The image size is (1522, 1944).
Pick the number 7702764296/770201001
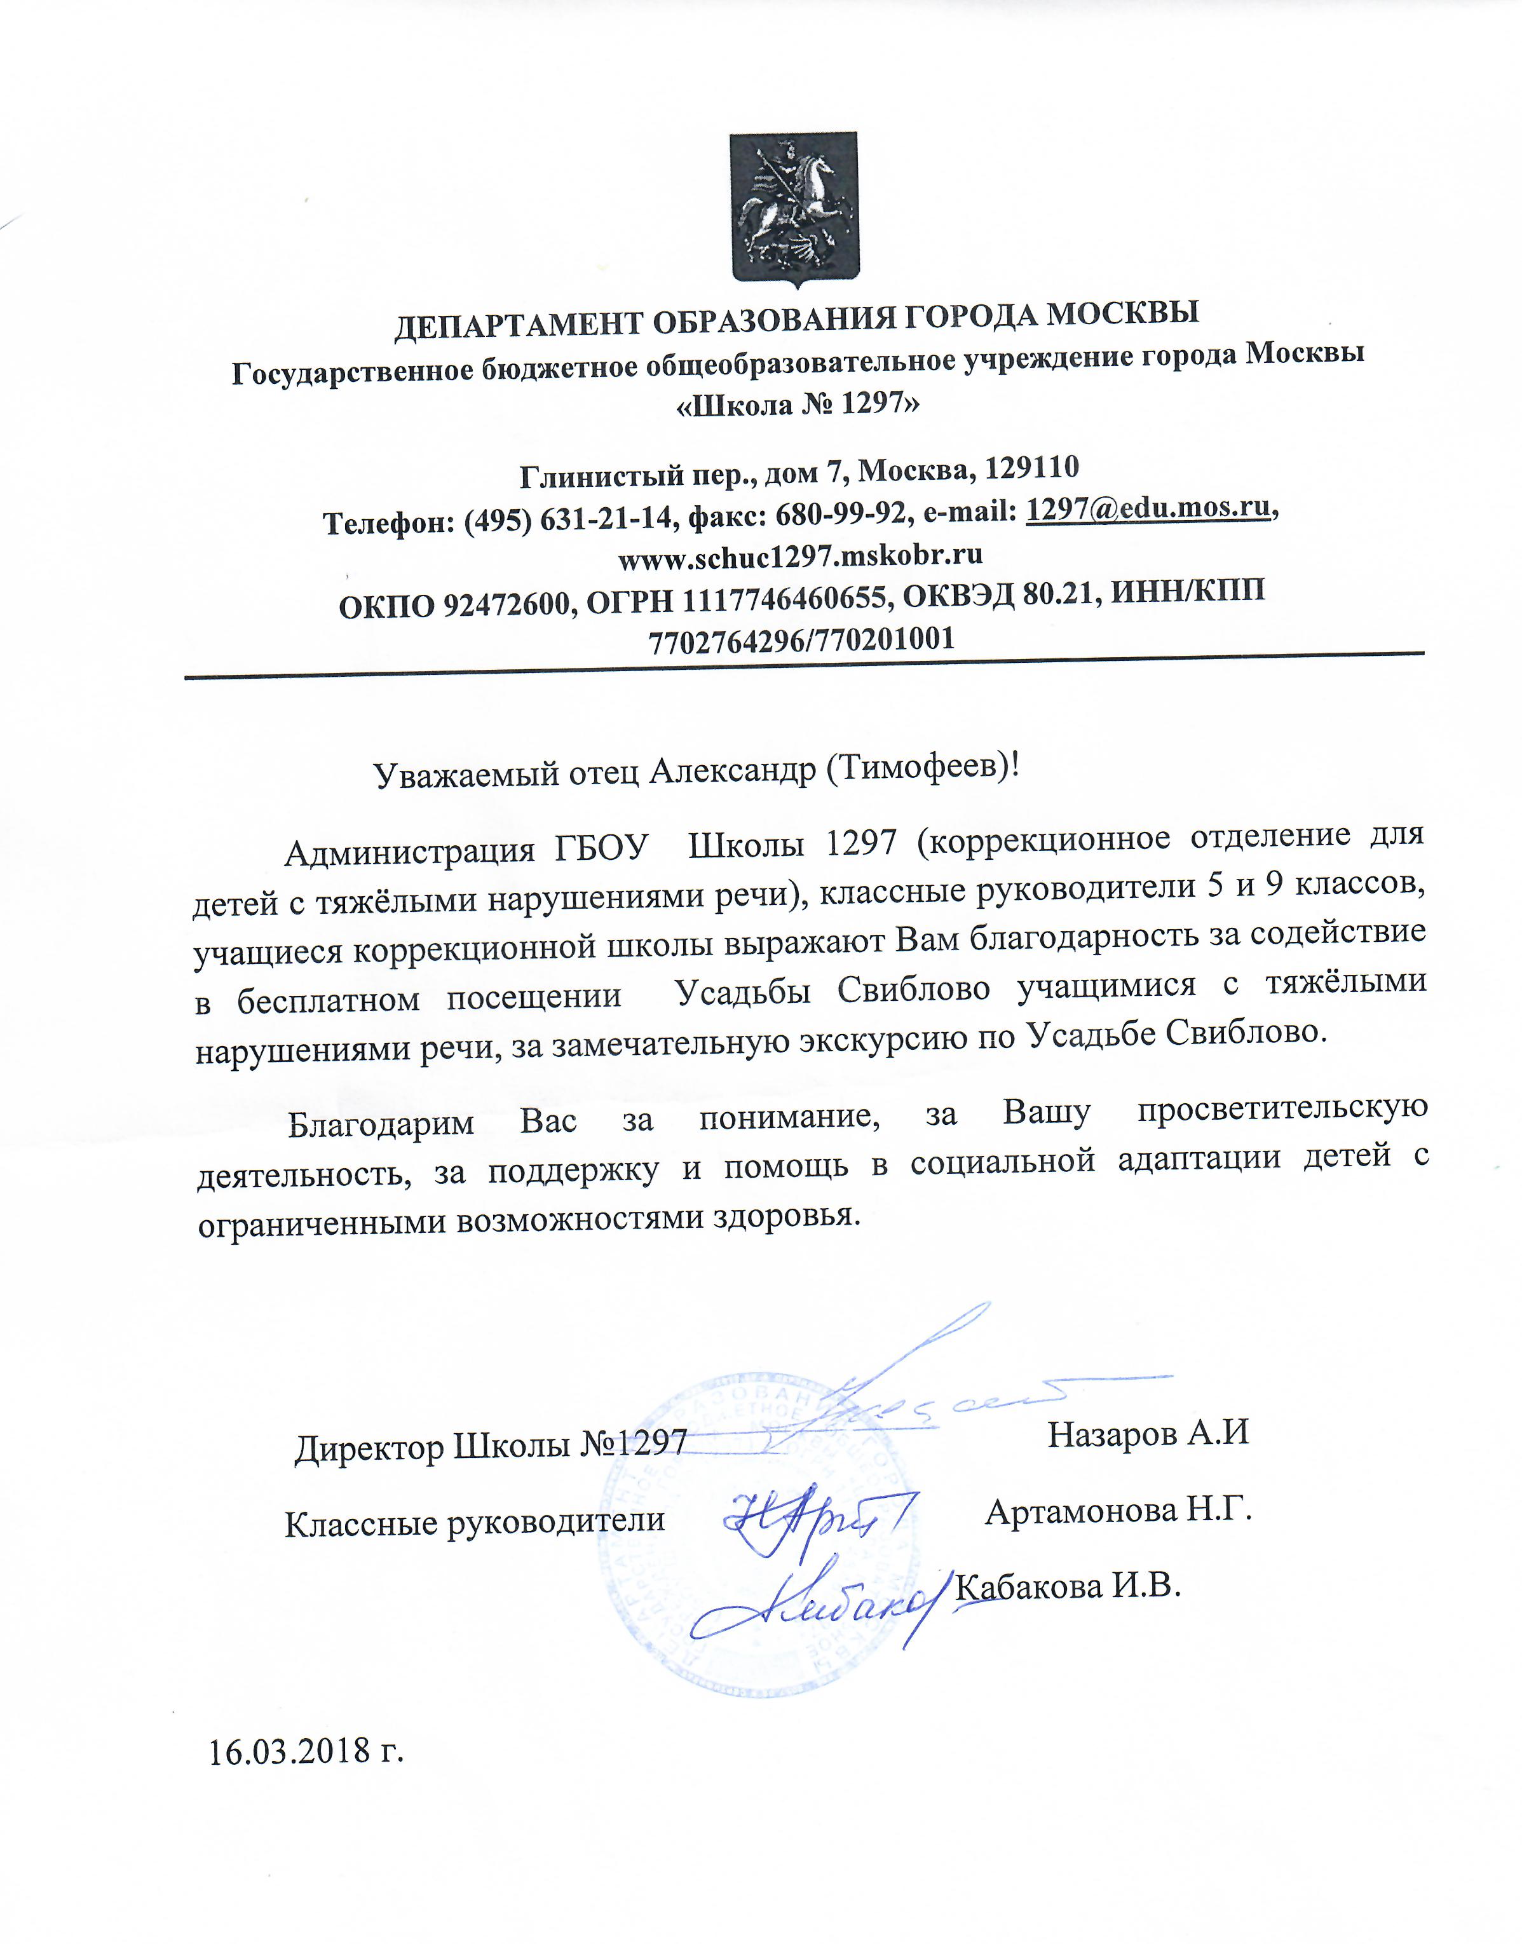tap(802, 639)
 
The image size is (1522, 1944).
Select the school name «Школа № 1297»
tap(798, 405)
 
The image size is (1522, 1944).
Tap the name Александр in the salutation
tap(731, 771)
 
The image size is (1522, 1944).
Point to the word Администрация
tap(409, 853)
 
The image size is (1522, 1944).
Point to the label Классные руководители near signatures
tap(475, 1521)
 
